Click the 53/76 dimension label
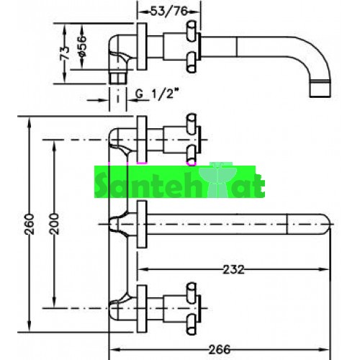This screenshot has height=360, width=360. pos(168,12)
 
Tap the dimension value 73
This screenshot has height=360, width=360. pos(65,53)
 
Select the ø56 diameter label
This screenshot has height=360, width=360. pos(82,46)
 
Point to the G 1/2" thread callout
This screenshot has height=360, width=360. pos(158,94)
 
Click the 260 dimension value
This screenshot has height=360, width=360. pos(30,224)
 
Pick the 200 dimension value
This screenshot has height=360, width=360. pos(54,224)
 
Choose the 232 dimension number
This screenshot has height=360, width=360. pos(234,269)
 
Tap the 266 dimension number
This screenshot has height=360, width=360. pos(220,349)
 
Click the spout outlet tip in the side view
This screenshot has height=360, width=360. pos(320,89)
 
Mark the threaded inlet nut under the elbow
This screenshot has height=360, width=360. pos(117,77)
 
